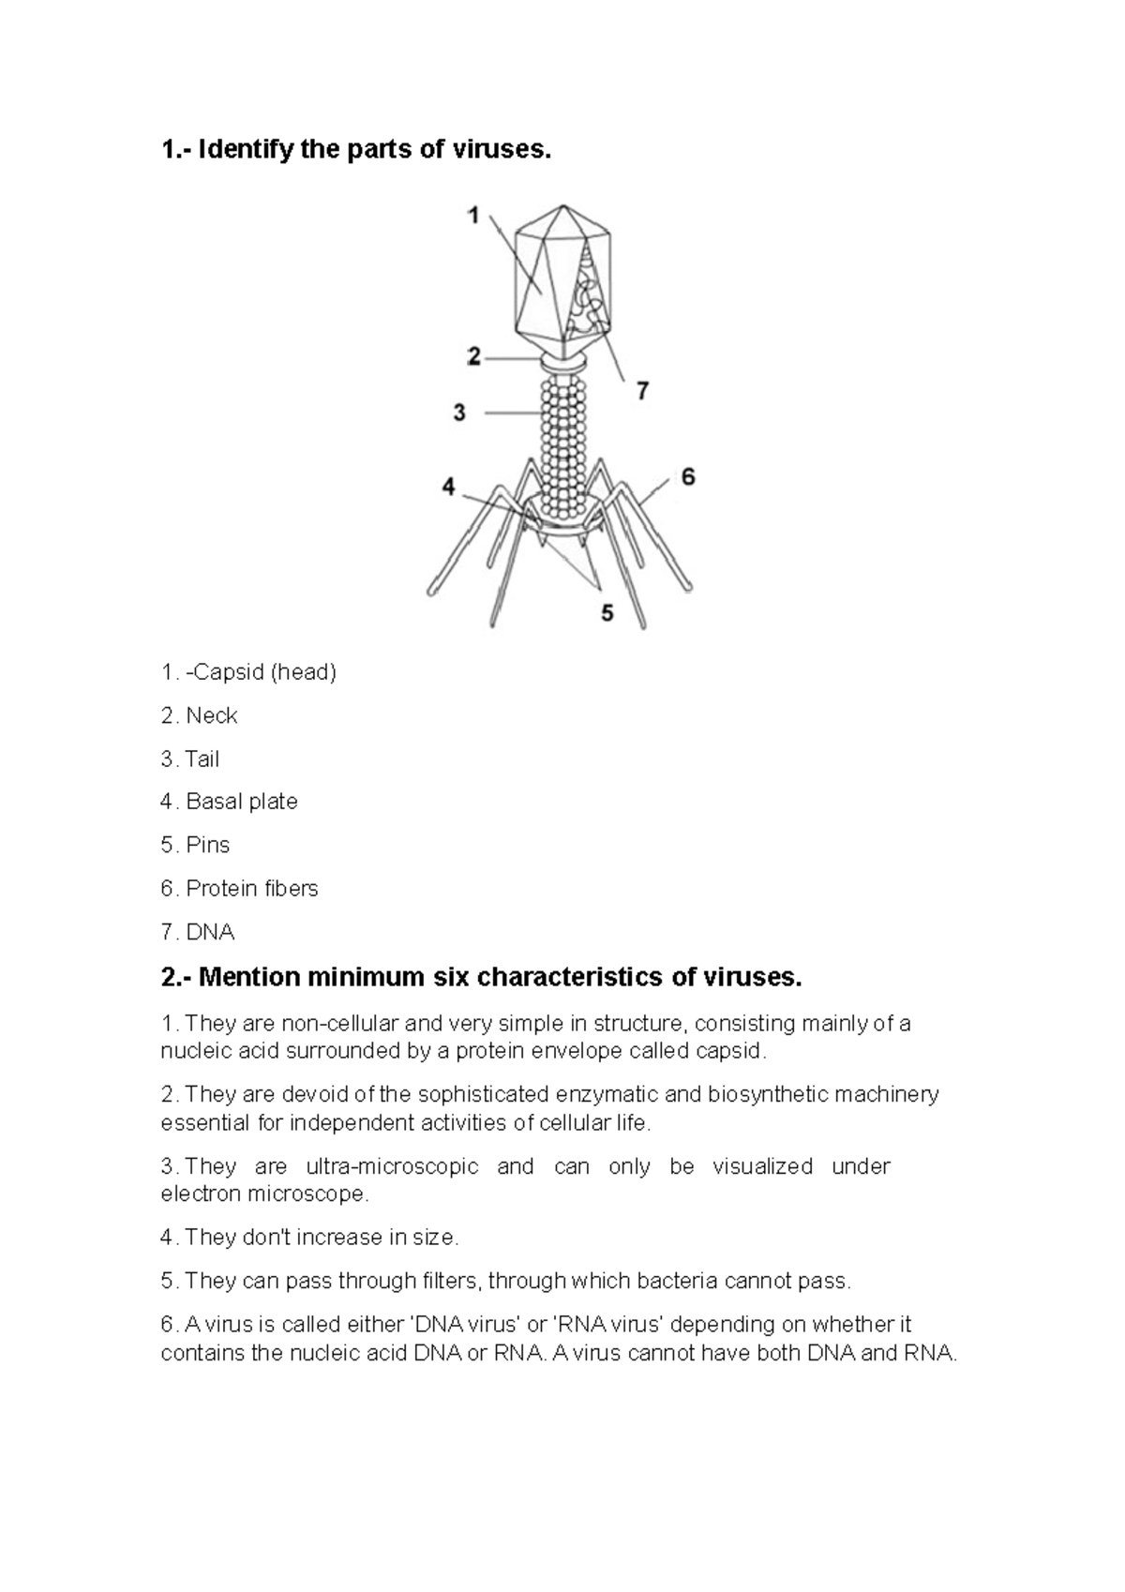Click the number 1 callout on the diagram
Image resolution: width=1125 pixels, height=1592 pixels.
coord(474,217)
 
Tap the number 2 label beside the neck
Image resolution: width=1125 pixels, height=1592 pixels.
coord(474,356)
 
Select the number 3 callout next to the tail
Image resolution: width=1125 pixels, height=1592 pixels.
coord(459,413)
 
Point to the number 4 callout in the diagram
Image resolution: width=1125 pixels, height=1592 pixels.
coord(449,487)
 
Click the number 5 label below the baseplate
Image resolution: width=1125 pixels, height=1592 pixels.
coord(607,613)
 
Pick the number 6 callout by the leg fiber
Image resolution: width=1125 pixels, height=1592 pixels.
coord(688,477)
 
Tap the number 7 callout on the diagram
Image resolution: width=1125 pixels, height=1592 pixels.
coord(643,391)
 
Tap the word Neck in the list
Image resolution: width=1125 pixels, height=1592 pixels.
coord(212,715)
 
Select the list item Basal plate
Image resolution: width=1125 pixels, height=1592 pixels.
coord(242,802)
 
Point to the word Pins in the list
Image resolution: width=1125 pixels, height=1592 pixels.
coord(208,845)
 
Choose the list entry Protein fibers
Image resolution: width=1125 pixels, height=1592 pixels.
coord(252,888)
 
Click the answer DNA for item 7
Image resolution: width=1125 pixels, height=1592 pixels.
coord(210,932)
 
